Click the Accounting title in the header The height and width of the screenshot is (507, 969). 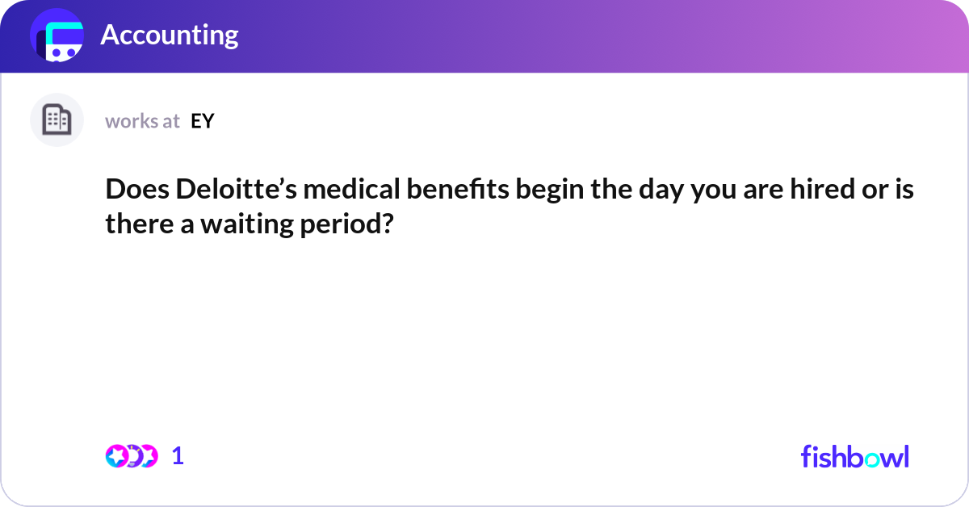[x=169, y=36]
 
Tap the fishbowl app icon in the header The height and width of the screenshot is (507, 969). [x=57, y=36]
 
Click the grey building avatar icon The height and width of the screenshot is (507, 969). [x=57, y=120]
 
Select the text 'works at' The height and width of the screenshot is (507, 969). [x=142, y=121]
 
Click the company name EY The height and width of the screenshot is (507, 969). [x=202, y=121]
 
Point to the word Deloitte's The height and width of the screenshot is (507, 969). [x=233, y=191]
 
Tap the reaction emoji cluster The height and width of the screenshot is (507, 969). [x=131, y=456]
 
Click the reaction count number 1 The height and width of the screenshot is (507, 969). [x=178, y=456]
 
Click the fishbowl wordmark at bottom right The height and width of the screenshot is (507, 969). [x=854, y=456]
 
